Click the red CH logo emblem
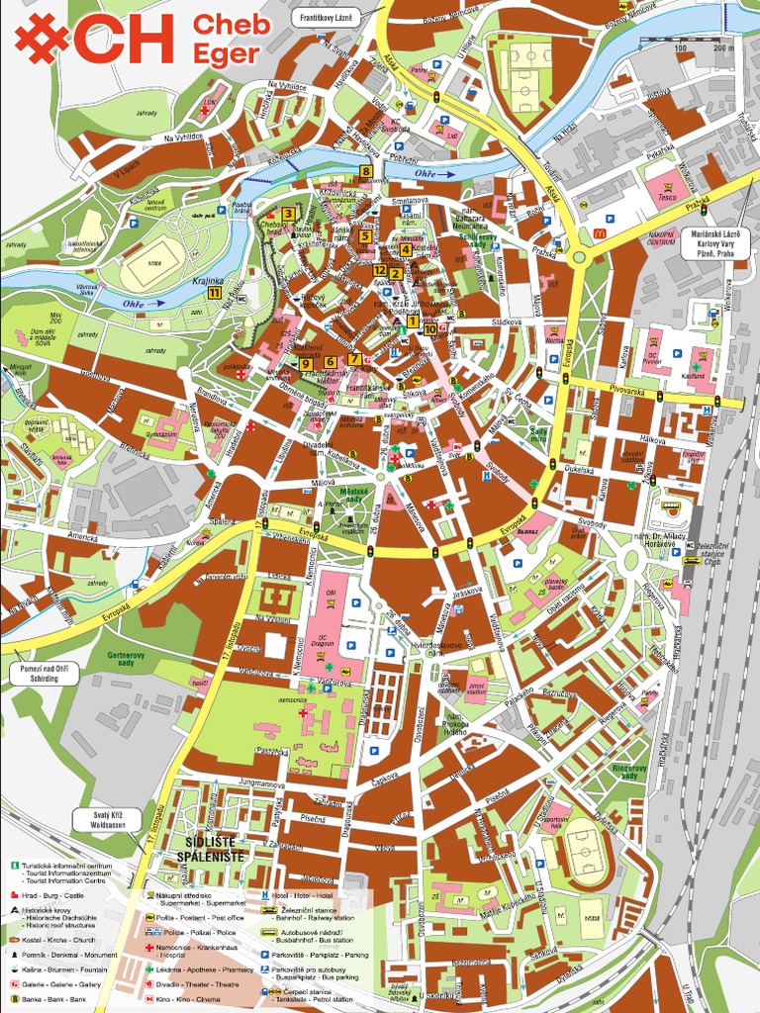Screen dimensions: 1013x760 [x=42, y=39]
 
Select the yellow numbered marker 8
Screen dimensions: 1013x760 [x=365, y=171]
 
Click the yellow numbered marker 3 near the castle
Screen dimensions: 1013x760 [x=288, y=213]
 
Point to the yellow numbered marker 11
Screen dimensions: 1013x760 [x=214, y=292]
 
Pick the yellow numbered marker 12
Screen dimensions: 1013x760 [x=380, y=269]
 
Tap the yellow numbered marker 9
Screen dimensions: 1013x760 [x=306, y=363]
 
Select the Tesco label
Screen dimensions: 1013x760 [x=668, y=197]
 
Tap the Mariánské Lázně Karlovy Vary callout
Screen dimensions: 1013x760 [x=713, y=243]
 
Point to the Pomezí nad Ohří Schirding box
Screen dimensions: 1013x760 [x=37, y=673]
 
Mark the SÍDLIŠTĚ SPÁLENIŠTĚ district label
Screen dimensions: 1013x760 [x=210, y=848]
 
